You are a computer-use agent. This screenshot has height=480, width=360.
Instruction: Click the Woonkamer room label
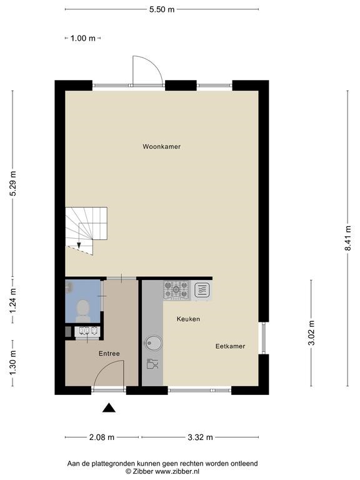coord(161,147)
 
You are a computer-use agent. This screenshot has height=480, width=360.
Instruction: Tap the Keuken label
coord(188,319)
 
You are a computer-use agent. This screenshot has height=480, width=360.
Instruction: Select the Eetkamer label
coord(230,346)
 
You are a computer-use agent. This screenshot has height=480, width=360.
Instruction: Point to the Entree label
coord(109,354)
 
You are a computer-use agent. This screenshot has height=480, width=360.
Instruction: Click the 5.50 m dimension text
coord(162,9)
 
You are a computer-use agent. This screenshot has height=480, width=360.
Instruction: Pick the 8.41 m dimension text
coord(347,238)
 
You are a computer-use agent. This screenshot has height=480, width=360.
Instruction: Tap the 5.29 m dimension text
coord(12,183)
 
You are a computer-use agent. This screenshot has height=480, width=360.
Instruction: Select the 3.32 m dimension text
coord(200,437)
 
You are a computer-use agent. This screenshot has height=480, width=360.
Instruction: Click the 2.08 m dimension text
coord(102,437)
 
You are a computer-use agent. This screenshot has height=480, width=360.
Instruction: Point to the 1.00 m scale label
coord(83,38)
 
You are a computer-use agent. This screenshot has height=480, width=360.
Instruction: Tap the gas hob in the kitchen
coord(177,289)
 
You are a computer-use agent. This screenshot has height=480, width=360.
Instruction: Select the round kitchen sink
coord(154,343)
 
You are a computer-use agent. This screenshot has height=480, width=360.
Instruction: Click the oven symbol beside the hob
coord(202,290)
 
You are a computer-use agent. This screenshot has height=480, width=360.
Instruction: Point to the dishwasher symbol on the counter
coord(152,364)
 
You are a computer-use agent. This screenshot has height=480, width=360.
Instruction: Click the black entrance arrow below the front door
coord(109,407)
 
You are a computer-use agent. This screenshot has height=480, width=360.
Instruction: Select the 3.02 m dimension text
coord(311,332)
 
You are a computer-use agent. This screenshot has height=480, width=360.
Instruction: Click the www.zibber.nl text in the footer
coord(177,471)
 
